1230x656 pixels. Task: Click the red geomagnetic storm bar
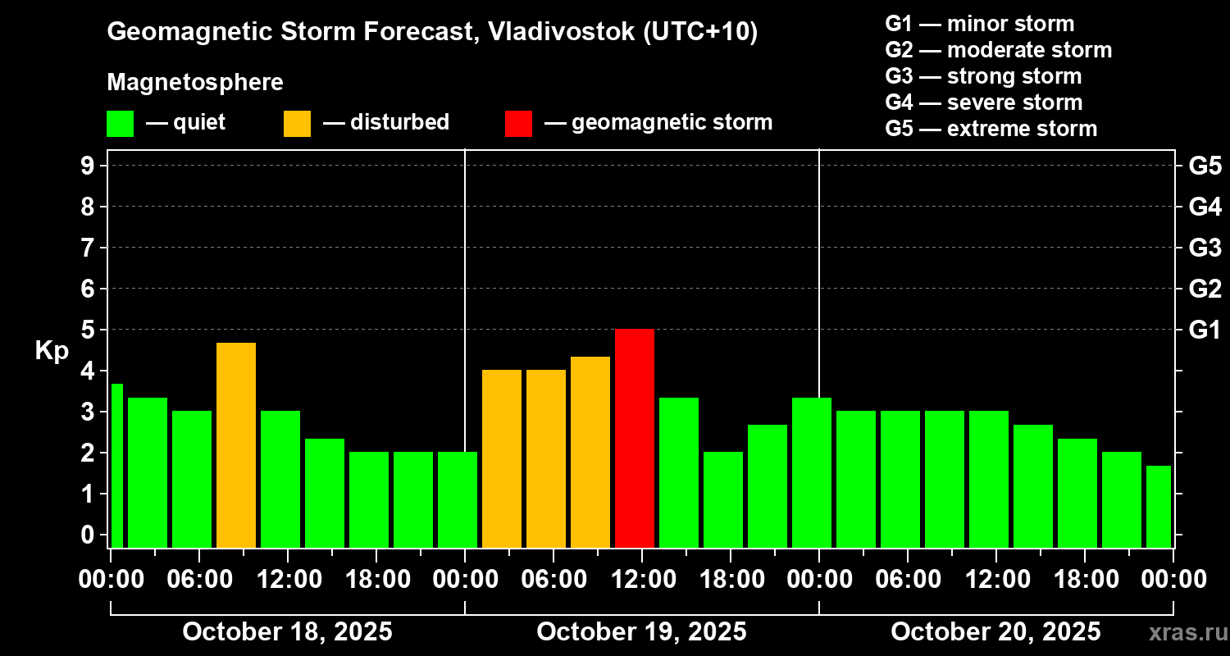click(635, 438)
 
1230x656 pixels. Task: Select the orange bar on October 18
click(236, 444)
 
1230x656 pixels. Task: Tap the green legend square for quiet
click(120, 123)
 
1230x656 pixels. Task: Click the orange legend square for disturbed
click(297, 123)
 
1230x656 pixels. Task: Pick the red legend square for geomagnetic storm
click(518, 123)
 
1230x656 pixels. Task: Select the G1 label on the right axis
click(1205, 330)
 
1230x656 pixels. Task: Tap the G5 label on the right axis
click(1205, 166)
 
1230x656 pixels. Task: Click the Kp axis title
click(52, 350)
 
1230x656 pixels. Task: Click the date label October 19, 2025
click(641, 632)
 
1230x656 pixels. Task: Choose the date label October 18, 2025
click(287, 632)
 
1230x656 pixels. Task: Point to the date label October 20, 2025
click(995, 632)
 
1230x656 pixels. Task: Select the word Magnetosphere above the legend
click(195, 83)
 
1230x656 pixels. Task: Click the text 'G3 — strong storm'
click(983, 76)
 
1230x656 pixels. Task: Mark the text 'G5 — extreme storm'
click(991, 129)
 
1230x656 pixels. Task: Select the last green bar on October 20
click(1158, 506)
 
